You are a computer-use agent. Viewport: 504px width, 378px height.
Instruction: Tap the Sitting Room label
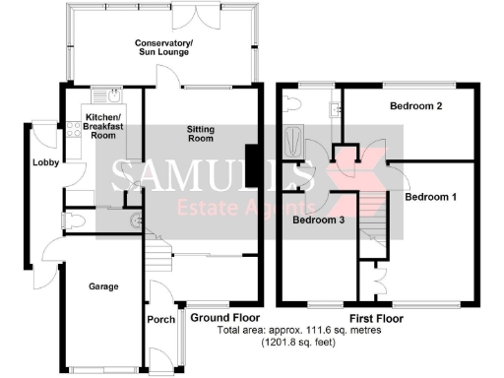pos(201,133)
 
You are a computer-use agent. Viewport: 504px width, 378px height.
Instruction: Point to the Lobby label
pos(44,162)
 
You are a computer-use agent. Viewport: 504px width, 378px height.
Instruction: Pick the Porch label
pos(159,320)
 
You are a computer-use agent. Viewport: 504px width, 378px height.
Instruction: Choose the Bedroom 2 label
pos(414,105)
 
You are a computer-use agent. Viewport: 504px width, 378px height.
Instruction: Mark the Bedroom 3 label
pos(317,220)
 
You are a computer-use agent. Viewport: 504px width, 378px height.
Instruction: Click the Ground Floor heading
pos(223,318)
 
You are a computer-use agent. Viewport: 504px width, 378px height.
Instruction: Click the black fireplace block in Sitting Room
pos(253,164)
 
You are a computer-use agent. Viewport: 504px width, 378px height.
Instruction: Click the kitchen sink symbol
pos(115,96)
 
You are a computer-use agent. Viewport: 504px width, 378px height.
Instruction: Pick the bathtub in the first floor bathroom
pos(292,140)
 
